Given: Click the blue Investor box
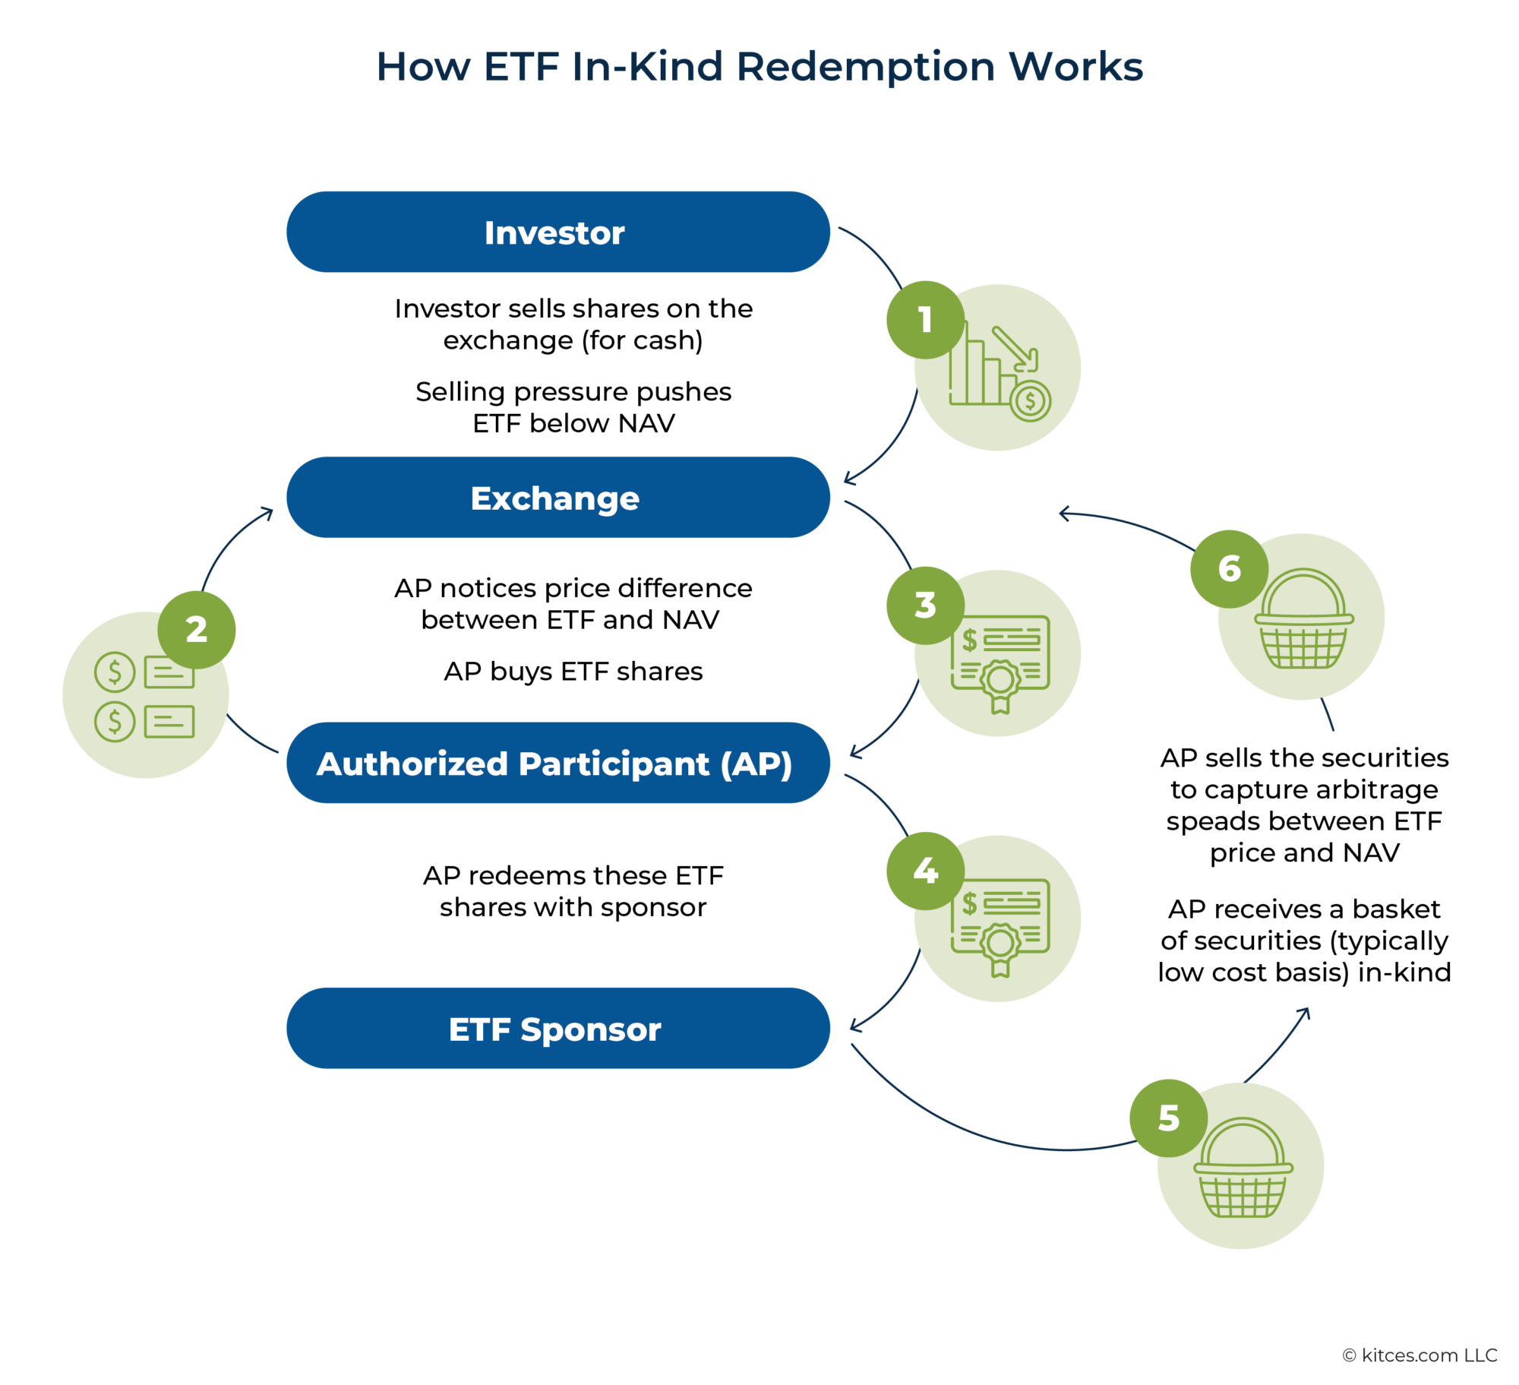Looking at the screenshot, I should pyautogui.click(x=557, y=232).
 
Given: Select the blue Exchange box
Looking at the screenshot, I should pyautogui.click(x=557, y=498).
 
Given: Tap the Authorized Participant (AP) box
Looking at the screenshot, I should pyautogui.click(x=557, y=763).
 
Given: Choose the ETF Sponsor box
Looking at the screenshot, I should pyautogui.click(x=557, y=1028).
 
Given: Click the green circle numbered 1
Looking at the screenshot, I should pyautogui.click(x=925, y=320).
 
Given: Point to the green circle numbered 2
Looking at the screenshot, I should pyautogui.click(x=197, y=630).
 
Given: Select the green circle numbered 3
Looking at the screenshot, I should pyautogui.click(x=925, y=606).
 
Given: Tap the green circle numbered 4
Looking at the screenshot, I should pyautogui.click(x=925, y=871).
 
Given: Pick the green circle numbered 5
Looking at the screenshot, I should pyautogui.click(x=1168, y=1118).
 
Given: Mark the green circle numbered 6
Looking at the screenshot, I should pyautogui.click(x=1229, y=569).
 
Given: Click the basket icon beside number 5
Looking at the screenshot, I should pyautogui.click(x=1243, y=1170).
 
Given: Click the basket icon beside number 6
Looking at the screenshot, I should pyautogui.click(x=1303, y=620).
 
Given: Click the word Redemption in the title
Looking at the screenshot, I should pyautogui.click(x=865, y=67).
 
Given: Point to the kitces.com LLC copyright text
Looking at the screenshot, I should pyautogui.click(x=1419, y=1355).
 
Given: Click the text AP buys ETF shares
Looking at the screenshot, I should pyautogui.click(x=573, y=672).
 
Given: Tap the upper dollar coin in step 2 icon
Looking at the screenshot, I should pyautogui.click(x=115, y=672).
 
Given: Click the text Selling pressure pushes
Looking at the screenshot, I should pyautogui.click(x=573, y=391).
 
